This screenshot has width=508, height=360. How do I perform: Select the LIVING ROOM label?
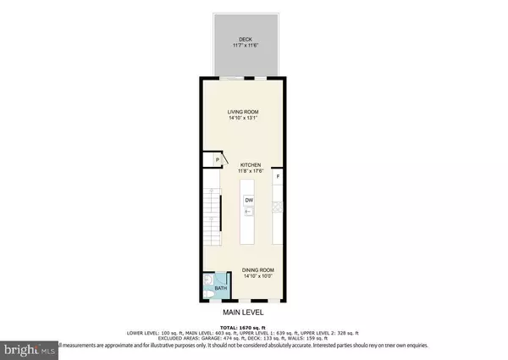coord(241,111)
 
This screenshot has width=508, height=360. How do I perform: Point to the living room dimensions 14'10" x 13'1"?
coord(241,118)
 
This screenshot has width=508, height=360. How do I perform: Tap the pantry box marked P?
coord(218,159)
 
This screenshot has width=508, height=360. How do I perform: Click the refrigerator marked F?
coord(278,176)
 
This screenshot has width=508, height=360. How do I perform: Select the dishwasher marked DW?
coord(249,200)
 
